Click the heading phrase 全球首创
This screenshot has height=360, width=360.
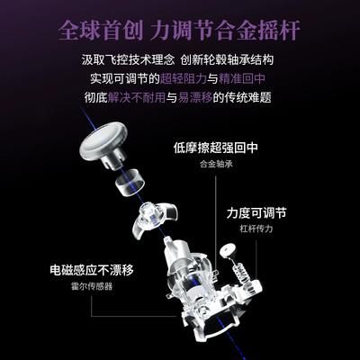coord(101,31)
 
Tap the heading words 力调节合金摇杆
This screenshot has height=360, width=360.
coord(225,31)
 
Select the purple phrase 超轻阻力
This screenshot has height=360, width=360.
coord(184,78)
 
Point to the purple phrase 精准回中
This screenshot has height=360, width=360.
coord(242,78)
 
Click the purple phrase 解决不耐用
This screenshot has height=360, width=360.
coord(137,97)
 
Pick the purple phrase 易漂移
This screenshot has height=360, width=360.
coord(195,97)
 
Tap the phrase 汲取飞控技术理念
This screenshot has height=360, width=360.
coord(128,59)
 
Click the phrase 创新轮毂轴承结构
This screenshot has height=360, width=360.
coord(228,59)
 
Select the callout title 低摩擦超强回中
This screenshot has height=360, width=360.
coord(216,148)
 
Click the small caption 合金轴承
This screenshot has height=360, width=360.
coord(216,164)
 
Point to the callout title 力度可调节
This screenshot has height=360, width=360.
coord(256,213)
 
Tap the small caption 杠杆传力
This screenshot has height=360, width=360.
coord(256,229)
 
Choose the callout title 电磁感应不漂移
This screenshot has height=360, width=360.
coord(92,270)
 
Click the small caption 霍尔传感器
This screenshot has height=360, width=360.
coord(92,286)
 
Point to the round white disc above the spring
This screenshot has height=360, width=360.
coord(229,250)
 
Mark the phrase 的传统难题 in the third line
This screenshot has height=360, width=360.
coord(242,97)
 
